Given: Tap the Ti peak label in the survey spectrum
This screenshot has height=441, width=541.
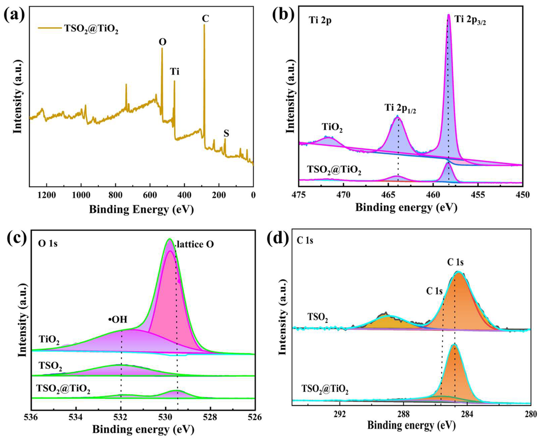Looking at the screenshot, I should point(175,72).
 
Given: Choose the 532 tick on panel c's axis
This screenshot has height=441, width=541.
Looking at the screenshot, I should point(121,417).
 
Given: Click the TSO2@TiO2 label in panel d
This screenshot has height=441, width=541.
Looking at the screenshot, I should point(325,389).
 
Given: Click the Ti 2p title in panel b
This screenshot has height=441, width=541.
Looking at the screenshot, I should point(320,20).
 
